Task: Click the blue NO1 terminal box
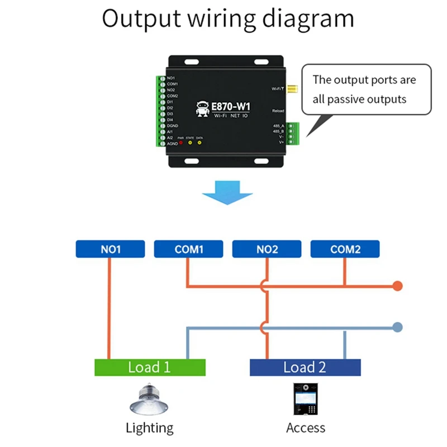click(110, 249)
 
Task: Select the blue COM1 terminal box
click(188, 249)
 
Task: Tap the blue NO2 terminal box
click(267, 249)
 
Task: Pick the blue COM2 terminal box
click(345, 249)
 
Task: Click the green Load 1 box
click(150, 367)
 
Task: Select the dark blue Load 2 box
click(305, 367)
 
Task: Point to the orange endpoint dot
click(397, 286)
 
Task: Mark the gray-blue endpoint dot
click(397, 327)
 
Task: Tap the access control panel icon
click(305, 399)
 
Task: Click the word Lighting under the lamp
click(149, 429)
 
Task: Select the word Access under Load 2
click(305, 429)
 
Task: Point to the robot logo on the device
click(202, 108)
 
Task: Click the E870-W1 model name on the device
click(231, 106)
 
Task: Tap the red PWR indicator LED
click(180, 142)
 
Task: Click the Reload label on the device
click(278, 111)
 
